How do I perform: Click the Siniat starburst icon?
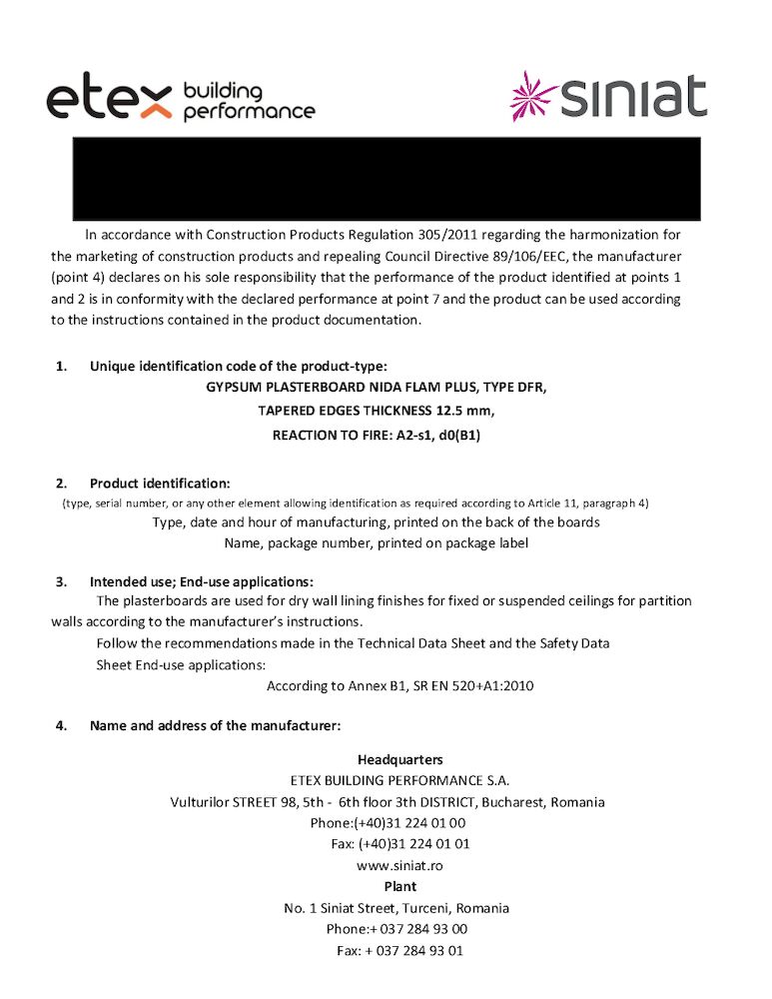[x=533, y=96]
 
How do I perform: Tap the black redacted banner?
[x=386, y=178]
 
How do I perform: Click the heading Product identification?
[x=160, y=484]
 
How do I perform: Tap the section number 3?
[x=61, y=581]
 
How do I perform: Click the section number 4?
[x=61, y=725]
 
